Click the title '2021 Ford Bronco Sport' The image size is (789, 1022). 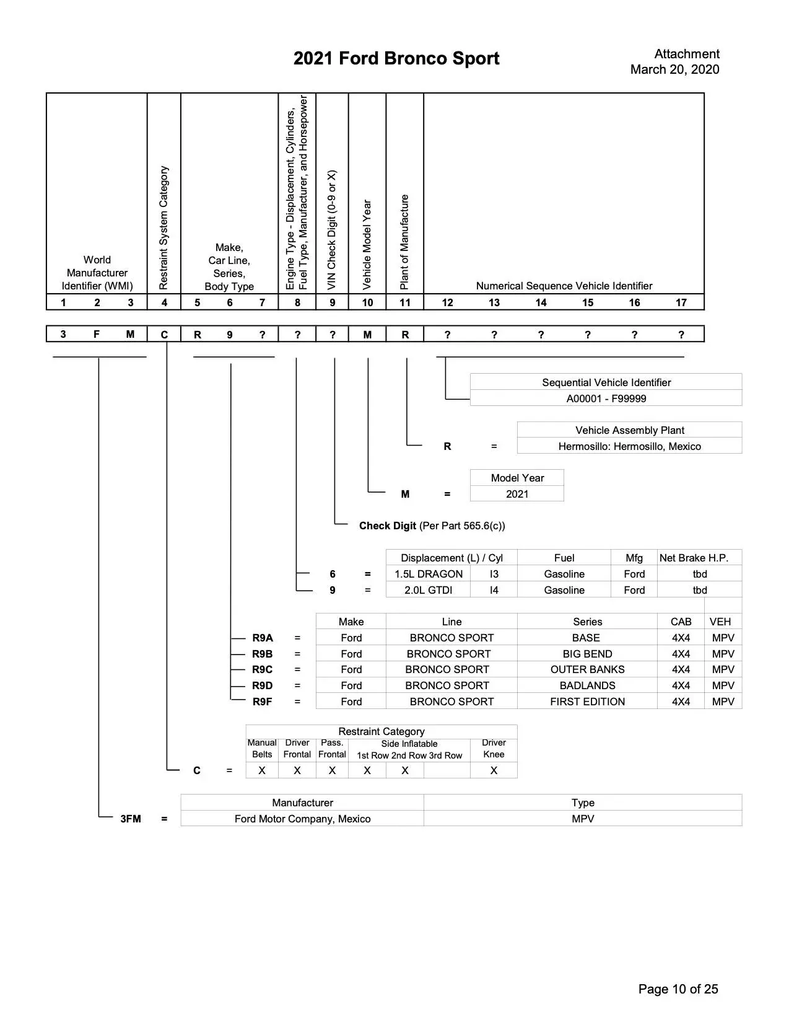(x=396, y=58)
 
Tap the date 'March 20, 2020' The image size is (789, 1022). (x=674, y=69)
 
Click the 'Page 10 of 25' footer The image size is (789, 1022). (x=678, y=989)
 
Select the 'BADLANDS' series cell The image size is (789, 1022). (x=587, y=685)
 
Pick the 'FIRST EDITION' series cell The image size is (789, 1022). (x=587, y=702)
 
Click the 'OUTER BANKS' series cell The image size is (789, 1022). (x=587, y=669)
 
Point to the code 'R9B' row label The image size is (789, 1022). (x=262, y=654)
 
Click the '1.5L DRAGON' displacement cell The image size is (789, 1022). (x=429, y=574)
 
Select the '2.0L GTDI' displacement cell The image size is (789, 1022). (x=429, y=590)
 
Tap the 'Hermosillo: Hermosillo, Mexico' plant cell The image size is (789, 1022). (x=629, y=446)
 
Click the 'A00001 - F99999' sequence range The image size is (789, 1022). (x=606, y=399)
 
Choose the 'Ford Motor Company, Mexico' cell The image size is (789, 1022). (x=302, y=819)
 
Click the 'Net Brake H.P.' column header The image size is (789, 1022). (x=694, y=558)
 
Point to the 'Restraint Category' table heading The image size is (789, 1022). (x=381, y=731)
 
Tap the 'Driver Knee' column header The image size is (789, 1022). (x=494, y=749)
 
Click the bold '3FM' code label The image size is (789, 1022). (x=131, y=819)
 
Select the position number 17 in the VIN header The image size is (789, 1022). (x=681, y=302)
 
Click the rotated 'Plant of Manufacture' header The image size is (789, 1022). (x=404, y=242)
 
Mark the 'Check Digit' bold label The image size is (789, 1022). (x=387, y=526)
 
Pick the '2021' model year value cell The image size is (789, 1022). (x=517, y=494)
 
